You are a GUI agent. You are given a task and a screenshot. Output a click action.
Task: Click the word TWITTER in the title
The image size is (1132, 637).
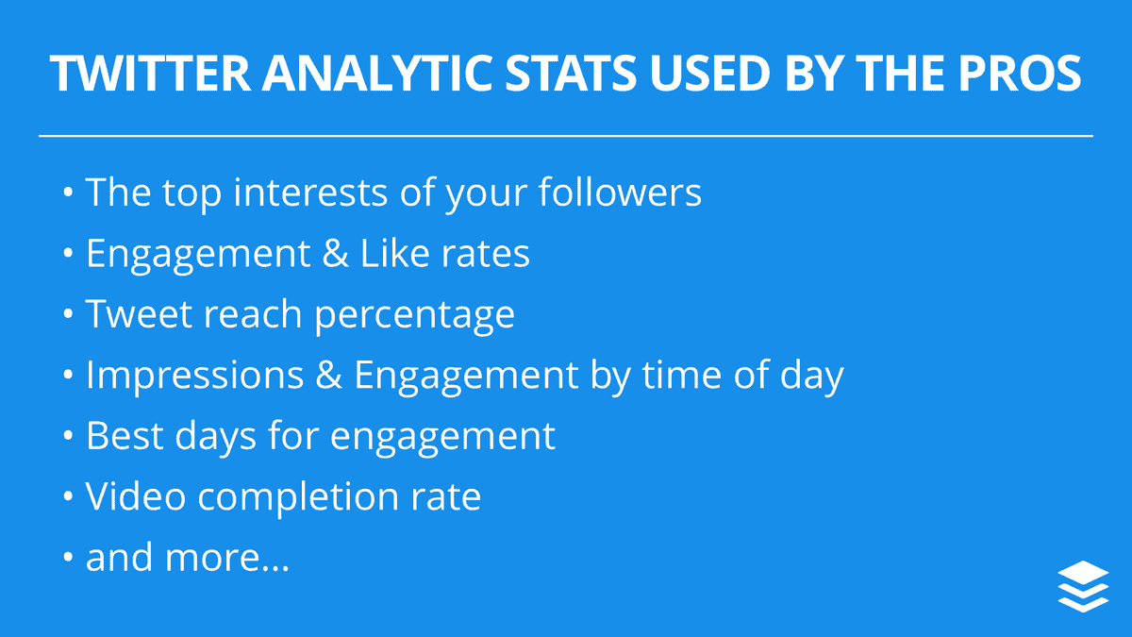pos(150,73)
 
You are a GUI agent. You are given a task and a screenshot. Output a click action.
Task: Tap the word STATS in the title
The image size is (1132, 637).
pos(571,73)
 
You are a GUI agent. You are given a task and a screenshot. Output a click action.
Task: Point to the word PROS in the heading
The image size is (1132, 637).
pos(1020,73)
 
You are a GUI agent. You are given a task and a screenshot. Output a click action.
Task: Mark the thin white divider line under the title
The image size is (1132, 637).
pos(566,136)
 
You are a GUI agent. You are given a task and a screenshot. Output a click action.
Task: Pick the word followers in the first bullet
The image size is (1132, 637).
pos(620,193)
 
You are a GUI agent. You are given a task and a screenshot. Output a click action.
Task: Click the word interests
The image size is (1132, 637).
pos(310,193)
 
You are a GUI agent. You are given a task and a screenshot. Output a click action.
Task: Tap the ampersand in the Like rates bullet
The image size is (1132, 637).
pos(335,253)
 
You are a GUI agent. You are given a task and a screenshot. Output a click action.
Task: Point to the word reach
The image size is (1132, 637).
pos(253,313)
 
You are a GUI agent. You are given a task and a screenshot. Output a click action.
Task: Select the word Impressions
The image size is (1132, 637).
pos(195,374)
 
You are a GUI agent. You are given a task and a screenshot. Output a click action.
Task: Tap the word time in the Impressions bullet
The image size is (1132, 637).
pos(682,374)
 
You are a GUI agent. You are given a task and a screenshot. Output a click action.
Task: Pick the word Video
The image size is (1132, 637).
pos(136,495)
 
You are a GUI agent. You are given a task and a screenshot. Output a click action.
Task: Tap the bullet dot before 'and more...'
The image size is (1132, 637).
pos(68,557)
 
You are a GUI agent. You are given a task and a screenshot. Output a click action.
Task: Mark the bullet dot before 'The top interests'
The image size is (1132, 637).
pos(68,193)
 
